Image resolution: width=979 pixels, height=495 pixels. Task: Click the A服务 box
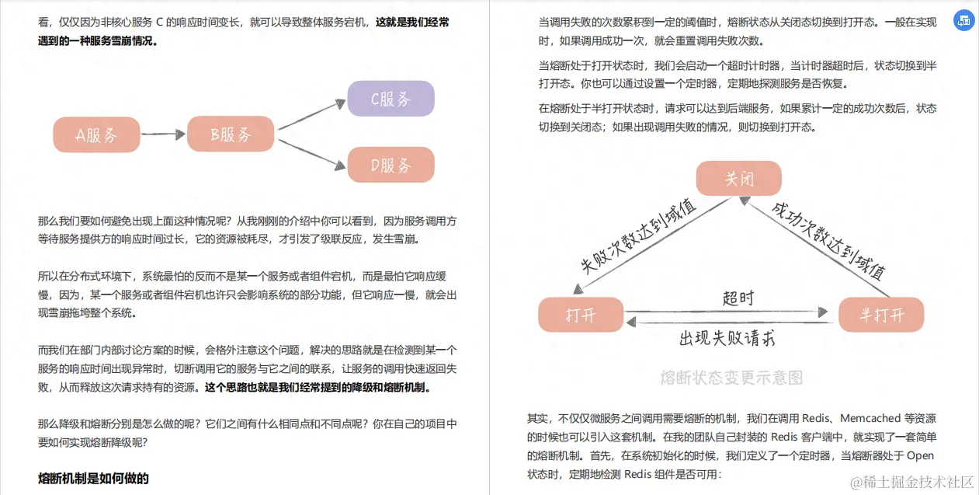pos(96,134)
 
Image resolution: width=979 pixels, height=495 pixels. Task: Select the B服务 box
pos(231,134)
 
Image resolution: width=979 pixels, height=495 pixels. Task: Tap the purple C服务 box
pos(391,99)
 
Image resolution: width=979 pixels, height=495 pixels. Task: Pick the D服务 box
pos(391,165)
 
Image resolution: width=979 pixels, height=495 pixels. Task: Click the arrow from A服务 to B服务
pos(163,134)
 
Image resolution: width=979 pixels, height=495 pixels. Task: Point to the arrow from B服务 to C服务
pos(311,114)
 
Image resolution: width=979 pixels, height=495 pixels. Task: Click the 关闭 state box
pos(739,178)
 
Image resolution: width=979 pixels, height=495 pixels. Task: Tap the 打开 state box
pos(581,315)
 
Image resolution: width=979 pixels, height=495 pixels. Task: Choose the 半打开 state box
pos(881,315)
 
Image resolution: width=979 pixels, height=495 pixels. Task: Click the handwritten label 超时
pos(738,298)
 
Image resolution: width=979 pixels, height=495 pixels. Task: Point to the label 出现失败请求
pos(727,338)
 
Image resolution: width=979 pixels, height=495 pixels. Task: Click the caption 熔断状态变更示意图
pos(731,378)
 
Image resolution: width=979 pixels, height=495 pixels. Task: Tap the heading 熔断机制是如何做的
pos(93,478)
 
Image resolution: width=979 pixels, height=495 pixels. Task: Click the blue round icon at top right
pos(963,21)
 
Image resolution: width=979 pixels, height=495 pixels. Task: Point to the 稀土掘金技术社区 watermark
pos(911,483)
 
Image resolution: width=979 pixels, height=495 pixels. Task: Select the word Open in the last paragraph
pos(920,455)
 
